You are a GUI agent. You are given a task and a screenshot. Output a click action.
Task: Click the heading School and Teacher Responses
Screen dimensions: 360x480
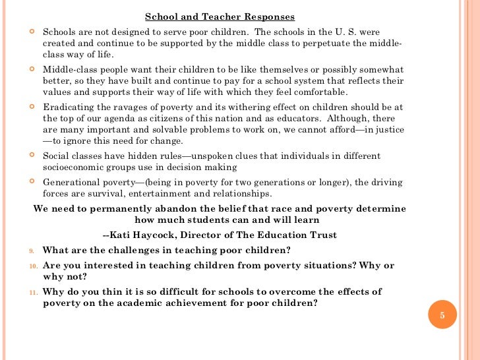(x=220, y=16)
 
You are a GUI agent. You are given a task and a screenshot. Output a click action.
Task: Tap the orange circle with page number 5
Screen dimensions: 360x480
(x=442, y=316)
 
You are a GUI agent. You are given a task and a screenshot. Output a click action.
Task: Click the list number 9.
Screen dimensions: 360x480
(x=32, y=251)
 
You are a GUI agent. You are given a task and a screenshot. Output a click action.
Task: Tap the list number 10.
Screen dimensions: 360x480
(x=33, y=266)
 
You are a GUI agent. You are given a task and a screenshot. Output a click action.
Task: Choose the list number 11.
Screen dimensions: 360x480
(x=33, y=292)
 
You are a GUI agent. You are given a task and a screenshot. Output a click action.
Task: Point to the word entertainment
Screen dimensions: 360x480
(x=156, y=193)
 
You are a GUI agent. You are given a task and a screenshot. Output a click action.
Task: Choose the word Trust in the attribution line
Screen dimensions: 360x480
(x=322, y=235)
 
